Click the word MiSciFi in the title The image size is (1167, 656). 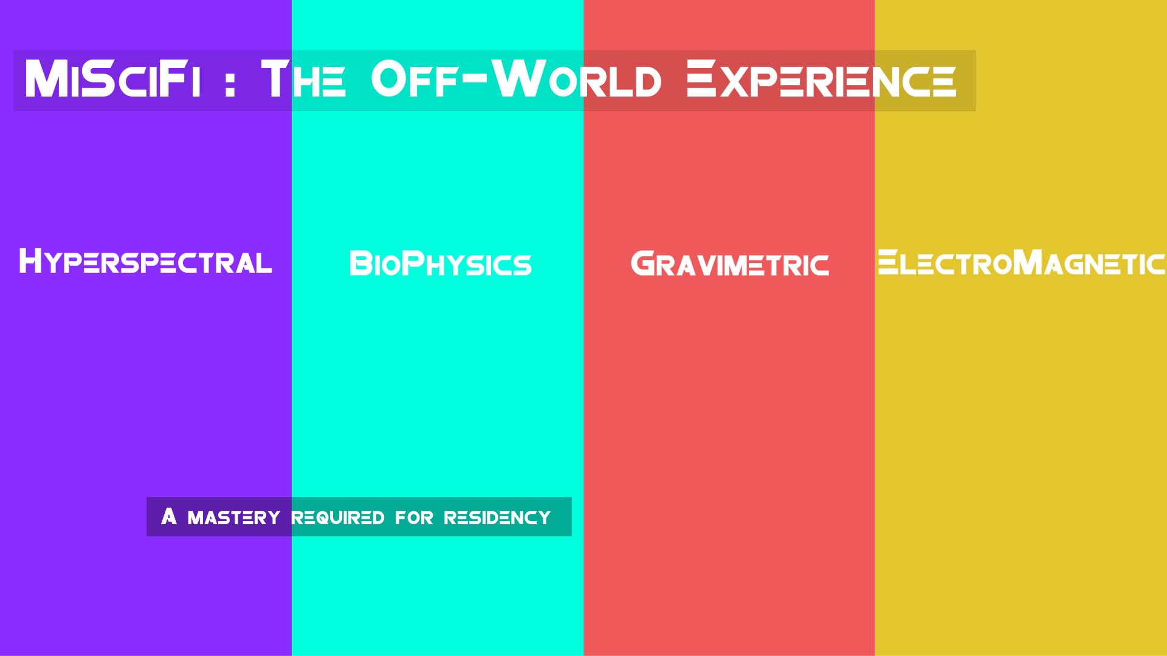pyautogui.click(x=112, y=80)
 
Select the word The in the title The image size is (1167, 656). pyautogui.click(x=303, y=80)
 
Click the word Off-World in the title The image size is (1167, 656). pyautogui.click(x=516, y=80)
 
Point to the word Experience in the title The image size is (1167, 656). pyautogui.click(x=821, y=80)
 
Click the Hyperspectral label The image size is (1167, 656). pyautogui.click(x=145, y=262)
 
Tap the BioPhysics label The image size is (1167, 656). pyautogui.click(x=441, y=264)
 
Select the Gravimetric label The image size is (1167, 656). pyautogui.click(x=729, y=264)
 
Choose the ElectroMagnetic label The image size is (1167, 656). pyautogui.click(x=1021, y=262)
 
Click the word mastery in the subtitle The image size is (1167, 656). pyautogui.click(x=234, y=518)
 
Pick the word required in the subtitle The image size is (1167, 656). pyautogui.click(x=338, y=518)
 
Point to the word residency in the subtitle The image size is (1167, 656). pyautogui.click(x=497, y=518)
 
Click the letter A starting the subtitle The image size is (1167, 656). pyautogui.click(x=169, y=516)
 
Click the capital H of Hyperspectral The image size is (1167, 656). pyautogui.click(x=30, y=261)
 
